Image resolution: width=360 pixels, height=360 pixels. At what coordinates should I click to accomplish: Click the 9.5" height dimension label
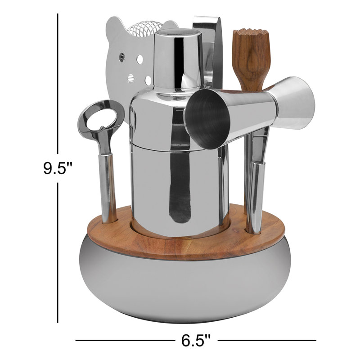(58, 168)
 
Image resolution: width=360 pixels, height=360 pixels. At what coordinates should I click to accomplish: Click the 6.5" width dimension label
(196, 340)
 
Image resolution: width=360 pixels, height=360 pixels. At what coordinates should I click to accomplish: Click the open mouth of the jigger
(207, 118)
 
